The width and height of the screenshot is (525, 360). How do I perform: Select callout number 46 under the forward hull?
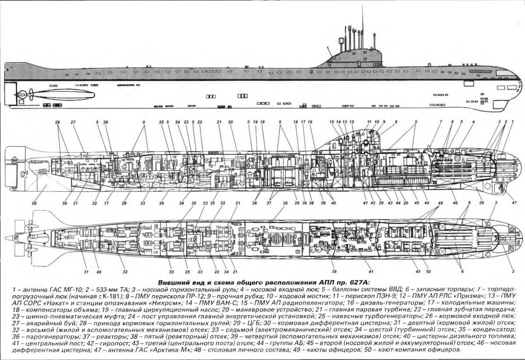tap(455, 203)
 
